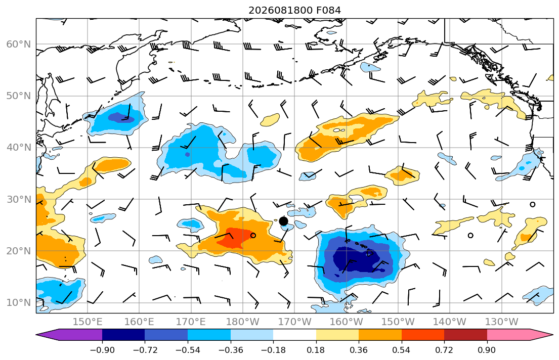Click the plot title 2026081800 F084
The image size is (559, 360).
point(294,10)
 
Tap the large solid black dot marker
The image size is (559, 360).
point(283,221)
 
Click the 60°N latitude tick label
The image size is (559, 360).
point(19,44)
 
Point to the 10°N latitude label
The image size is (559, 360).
point(19,303)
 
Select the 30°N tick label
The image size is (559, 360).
point(19,199)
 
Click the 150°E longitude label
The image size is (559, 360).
point(88,322)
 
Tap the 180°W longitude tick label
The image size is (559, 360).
point(243,322)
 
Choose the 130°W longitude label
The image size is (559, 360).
point(502,322)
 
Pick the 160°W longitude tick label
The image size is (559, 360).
point(346,322)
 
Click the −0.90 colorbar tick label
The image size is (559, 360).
point(102,350)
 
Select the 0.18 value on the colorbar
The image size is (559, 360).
point(316,350)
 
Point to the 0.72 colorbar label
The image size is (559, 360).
point(444,350)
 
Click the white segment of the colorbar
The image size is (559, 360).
point(294,335)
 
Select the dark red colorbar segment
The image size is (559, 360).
point(465,335)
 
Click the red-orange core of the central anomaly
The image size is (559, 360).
point(235,237)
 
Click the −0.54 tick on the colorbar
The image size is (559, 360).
point(188,350)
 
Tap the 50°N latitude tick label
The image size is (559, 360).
point(19,96)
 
